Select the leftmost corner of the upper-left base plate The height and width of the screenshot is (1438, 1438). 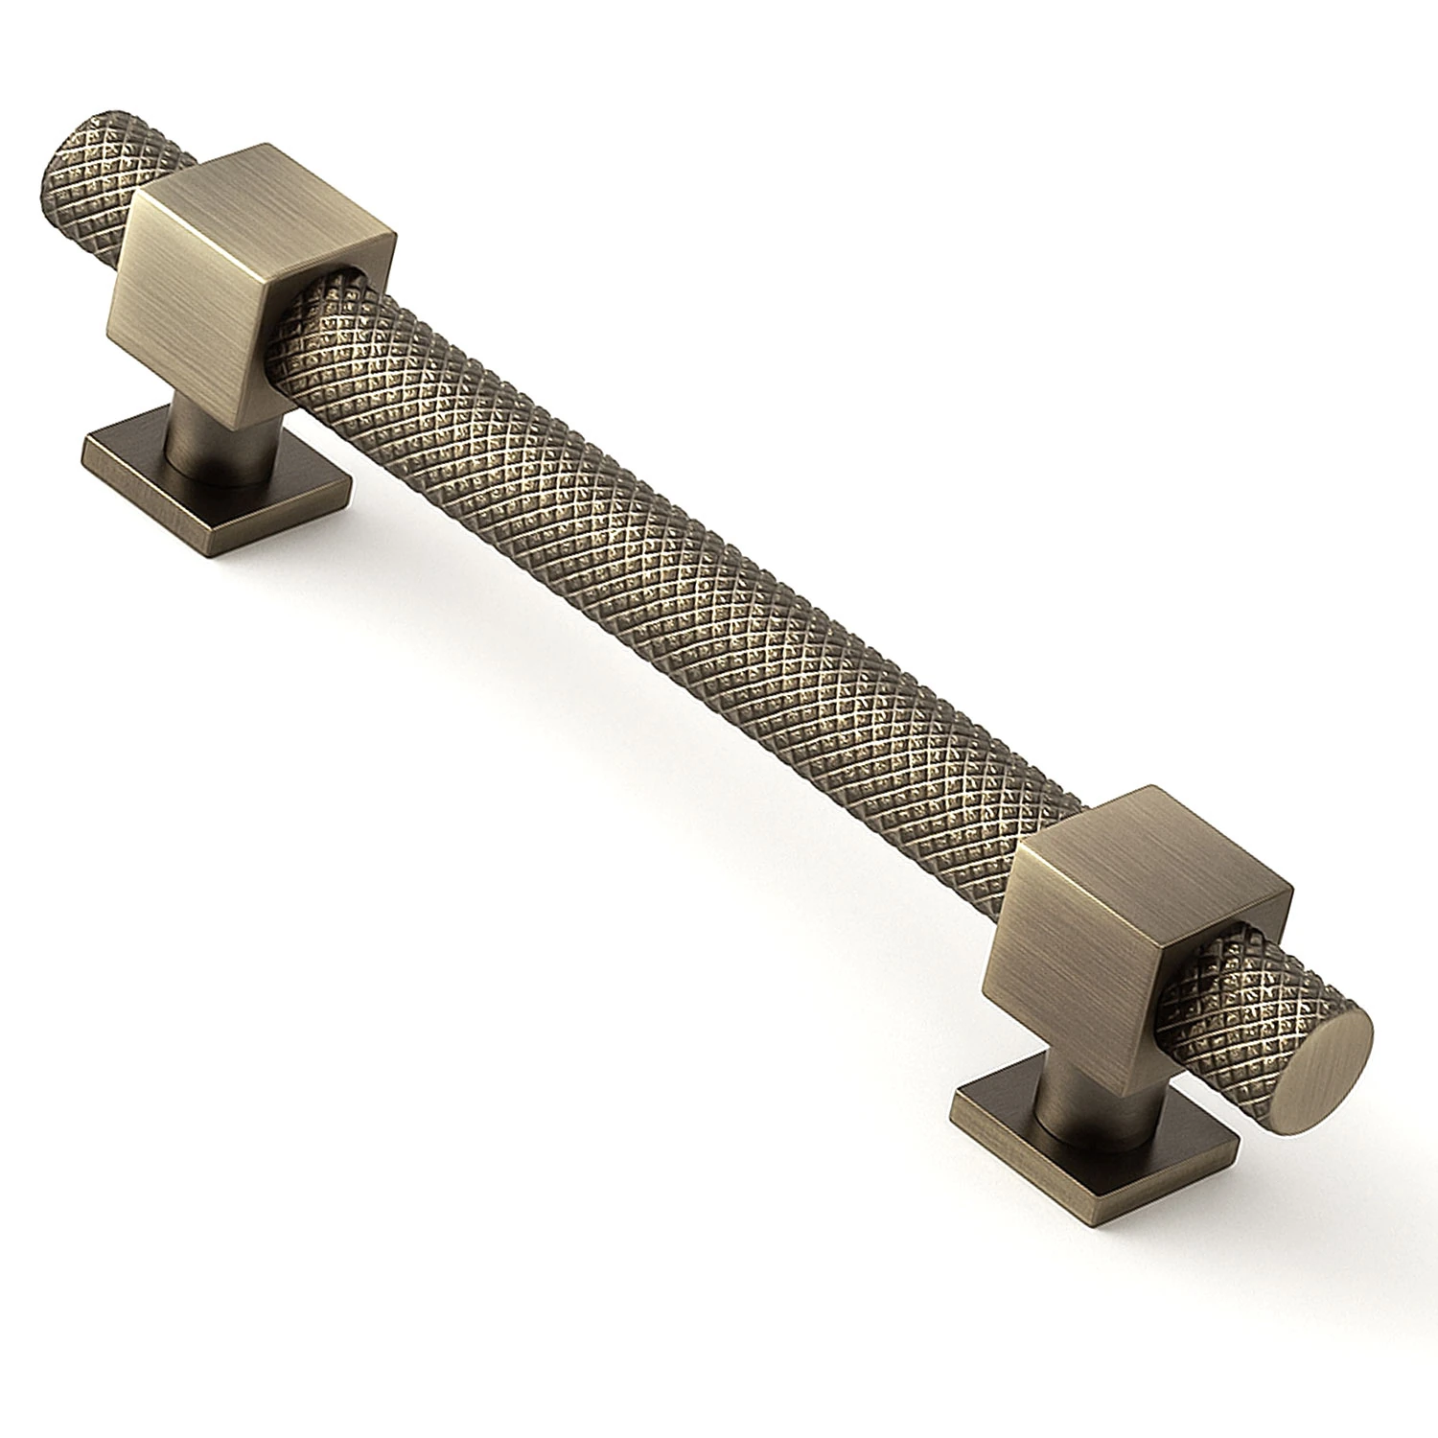84,445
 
